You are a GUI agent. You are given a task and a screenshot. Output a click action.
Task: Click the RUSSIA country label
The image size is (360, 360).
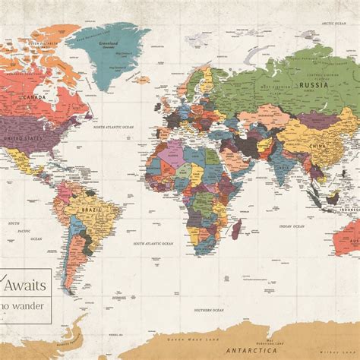(313, 85)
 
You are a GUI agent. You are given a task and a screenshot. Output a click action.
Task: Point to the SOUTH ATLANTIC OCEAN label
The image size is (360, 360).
(154, 243)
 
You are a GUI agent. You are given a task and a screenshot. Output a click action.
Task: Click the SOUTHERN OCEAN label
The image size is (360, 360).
(207, 309)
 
